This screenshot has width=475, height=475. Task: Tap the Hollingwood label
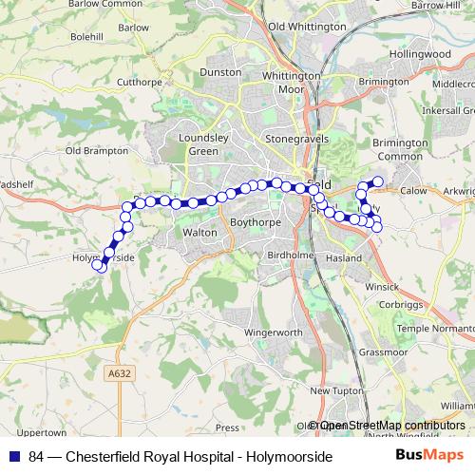(x=419, y=54)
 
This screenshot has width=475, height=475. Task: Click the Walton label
(x=199, y=231)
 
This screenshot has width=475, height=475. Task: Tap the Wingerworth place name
(x=273, y=333)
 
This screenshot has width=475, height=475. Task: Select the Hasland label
(x=343, y=257)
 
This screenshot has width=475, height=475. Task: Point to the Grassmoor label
(x=383, y=351)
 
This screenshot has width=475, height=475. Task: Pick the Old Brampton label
(x=96, y=150)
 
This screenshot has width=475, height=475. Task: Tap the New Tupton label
(x=332, y=390)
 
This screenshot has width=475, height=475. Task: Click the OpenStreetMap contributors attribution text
(x=389, y=426)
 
